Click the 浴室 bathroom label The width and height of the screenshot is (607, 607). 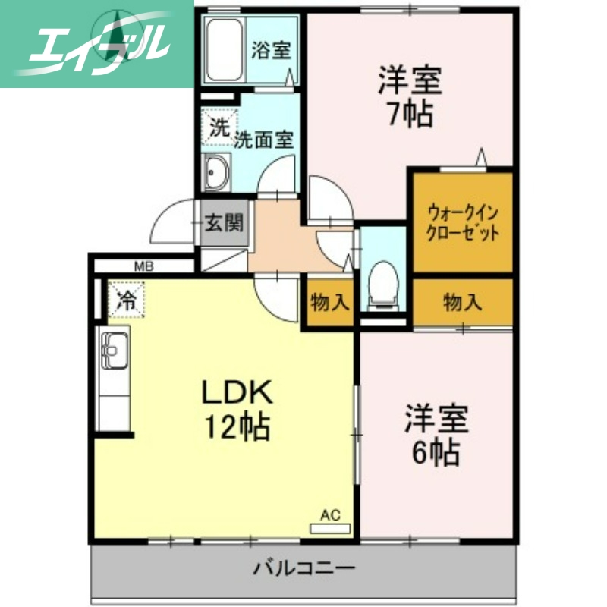[271, 52]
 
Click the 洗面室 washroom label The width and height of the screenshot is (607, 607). [263, 140]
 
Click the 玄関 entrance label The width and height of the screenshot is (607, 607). [225, 223]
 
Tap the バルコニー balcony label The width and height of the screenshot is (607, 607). [303, 567]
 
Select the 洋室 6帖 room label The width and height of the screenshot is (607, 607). [435, 435]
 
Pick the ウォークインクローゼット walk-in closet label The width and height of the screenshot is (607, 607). [463, 222]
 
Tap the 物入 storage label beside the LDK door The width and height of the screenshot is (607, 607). [329, 302]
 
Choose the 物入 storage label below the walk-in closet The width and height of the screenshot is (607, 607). [462, 303]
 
